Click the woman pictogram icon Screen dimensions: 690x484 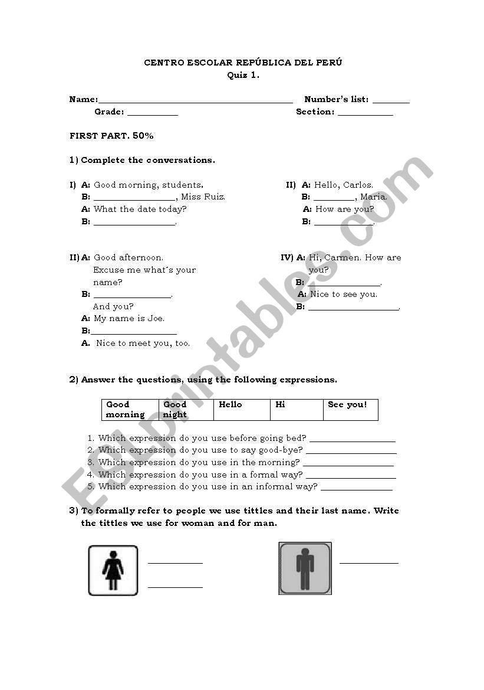113,570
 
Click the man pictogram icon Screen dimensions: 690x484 305,568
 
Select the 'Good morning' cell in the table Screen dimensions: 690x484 130,410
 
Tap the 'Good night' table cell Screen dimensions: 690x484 186,410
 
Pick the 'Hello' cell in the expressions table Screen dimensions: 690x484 242,410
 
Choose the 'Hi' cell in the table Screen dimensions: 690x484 297,410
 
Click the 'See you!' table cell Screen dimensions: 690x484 350,410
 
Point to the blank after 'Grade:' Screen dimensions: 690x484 152,114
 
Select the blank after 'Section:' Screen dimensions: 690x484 365,114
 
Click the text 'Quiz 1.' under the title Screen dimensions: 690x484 243,75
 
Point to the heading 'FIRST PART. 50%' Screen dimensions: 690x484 111,136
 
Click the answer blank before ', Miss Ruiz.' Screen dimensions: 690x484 134,200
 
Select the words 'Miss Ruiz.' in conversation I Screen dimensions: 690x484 203,197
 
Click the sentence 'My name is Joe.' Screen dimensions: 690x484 129,319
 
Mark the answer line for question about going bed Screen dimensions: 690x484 352,440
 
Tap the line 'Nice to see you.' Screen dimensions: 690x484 344,295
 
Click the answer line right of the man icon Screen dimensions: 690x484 368,563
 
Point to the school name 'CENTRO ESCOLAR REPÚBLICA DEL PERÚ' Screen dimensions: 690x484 243,63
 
